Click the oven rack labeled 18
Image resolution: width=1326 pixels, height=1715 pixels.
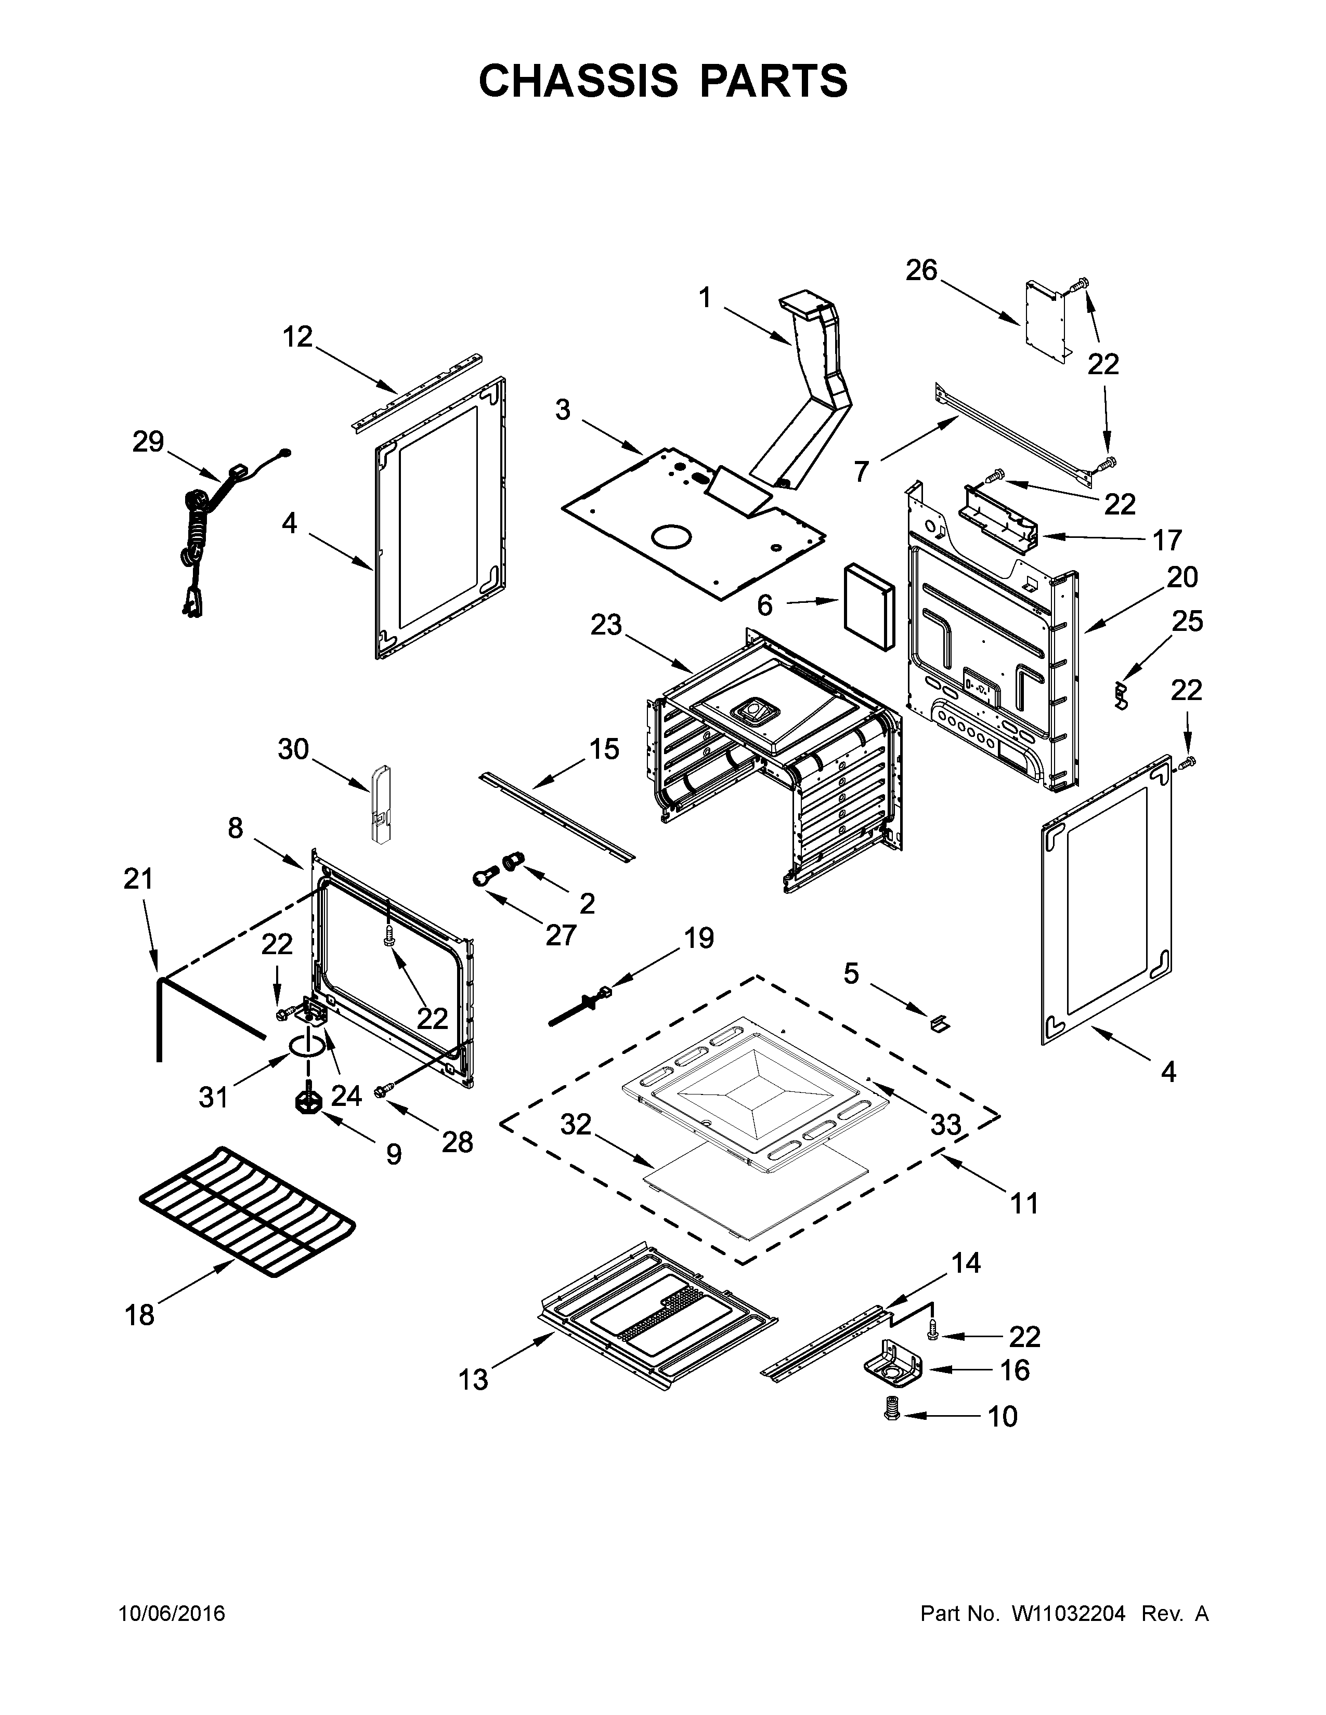[x=248, y=1213]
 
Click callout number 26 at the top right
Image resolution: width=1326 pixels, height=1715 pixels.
[x=921, y=270]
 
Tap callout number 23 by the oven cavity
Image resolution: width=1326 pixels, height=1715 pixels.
[x=606, y=625]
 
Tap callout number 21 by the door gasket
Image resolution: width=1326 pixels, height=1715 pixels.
[x=138, y=879]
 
